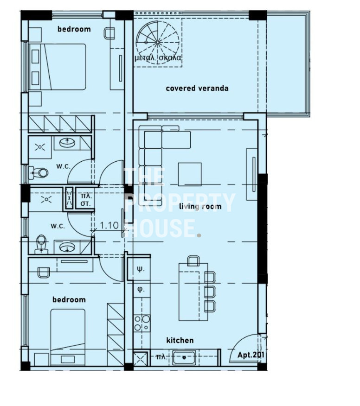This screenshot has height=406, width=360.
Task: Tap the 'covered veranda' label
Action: pyautogui.click(x=197, y=89)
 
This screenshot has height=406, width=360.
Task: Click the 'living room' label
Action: pyautogui.click(x=200, y=206)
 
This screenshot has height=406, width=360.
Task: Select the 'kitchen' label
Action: pyautogui.click(x=180, y=340)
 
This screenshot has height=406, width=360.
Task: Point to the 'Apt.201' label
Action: pyautogui.click(x=251, y=355)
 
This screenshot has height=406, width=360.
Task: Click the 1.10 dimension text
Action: pyautogui.click(x=109, y=225)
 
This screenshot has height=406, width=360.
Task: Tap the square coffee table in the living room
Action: pyautogui.click(x=190, y=174)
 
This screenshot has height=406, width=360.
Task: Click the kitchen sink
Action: pyautogui.click(x=184, y=358)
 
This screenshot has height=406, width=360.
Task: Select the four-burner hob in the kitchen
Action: pyautogui.click(x=142, y=323)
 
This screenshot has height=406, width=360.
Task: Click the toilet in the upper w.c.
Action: pyautogui.click(x=39, y=172)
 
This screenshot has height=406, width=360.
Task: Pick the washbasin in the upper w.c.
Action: pyautogui.click(x=67, y=143)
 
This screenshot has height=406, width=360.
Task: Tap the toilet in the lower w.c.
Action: pyautogui.click(x=41, y=244)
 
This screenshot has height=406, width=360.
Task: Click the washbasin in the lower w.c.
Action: pyautogui.click(x=67, y=247)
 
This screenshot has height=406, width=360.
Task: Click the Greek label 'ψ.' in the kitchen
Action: pyautogui.click(x=141, y=269)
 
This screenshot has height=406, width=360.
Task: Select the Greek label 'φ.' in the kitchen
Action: pyautogui.click(x=141, y=289)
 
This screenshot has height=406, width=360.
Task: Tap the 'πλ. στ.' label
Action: pyautogui.click(x=85, y=199)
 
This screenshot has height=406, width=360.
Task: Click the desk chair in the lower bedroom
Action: pyautogui.click(x=44, y=273)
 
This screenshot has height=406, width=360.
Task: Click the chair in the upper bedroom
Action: pyautogui.click(x=109, y=33)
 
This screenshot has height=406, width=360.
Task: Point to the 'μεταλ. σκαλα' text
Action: pyautogui.click(x=158, y=58)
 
